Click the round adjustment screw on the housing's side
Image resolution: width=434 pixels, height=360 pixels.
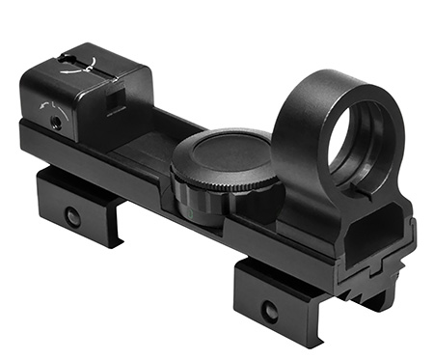click(x=58, y=119)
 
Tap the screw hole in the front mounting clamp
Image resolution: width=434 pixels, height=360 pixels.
click(x=270, y=311)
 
